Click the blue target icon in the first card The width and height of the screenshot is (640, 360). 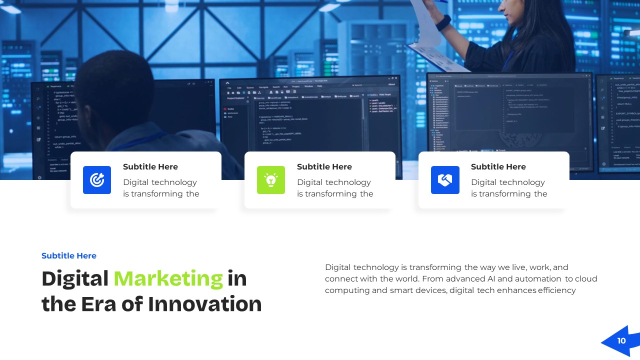[97, 180]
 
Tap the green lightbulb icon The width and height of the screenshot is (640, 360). [271, 180]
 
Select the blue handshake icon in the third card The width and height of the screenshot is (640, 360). [445, 180]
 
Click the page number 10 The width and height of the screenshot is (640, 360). [621, 341]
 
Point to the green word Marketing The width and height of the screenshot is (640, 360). [168, 279]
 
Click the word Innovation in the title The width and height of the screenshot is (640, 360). [205, 304]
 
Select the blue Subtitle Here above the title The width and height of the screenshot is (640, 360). [69, 256]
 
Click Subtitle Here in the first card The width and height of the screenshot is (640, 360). [150, 167]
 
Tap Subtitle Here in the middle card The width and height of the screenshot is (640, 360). [324, 167]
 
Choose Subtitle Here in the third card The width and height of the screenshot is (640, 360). [498, 167]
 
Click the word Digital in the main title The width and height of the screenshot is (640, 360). [75, 279]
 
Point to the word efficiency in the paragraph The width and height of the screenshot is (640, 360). [557, 290]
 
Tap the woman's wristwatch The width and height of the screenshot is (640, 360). [443, 23]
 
